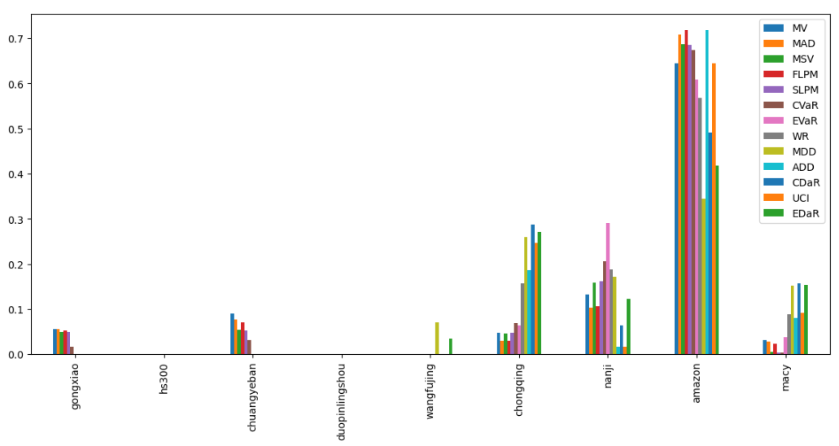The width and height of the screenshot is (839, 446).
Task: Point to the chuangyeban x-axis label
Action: tap(253, 396)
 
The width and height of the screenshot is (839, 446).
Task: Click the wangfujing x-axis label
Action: tap(430, 391)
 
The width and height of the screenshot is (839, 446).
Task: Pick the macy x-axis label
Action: tap(785, 377)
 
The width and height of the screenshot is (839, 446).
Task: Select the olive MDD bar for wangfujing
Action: tap(437, 339)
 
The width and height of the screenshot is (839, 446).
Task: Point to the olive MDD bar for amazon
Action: tap(703, 277)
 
